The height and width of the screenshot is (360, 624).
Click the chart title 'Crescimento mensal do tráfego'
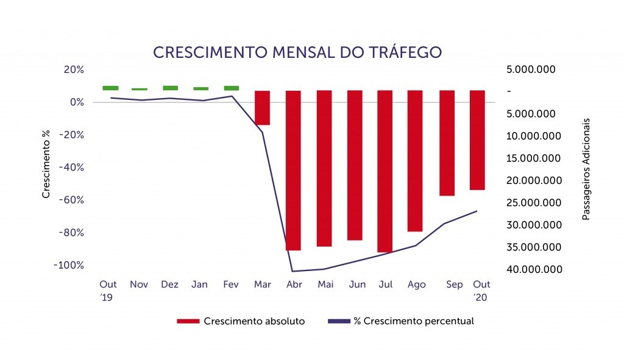(297, 52)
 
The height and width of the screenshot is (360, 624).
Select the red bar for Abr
(293, 171)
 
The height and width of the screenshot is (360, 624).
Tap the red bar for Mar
(262, 108)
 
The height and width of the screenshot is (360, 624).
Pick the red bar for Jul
(385, 171)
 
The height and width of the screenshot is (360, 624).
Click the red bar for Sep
(447, 143)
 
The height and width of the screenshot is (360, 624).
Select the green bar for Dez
(171, 88)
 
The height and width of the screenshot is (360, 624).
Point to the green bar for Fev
(232, 88)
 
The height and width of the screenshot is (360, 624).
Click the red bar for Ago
(414, 161)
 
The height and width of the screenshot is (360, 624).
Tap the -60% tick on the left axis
(72, 200)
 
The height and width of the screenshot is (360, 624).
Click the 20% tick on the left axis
(74, 69)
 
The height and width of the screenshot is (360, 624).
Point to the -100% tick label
(69, 266)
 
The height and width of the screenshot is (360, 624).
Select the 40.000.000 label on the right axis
(534, 269)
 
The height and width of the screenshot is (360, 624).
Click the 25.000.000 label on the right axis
(534, 202)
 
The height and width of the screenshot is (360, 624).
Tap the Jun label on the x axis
(357, 284)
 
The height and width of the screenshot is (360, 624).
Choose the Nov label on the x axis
(139, 284)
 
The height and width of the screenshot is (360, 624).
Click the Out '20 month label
(481, 291)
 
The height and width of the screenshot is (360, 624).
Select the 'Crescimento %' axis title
(46, 164)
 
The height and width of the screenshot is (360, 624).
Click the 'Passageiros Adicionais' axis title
(586, 169)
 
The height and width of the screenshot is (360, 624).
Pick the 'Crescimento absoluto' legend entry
(241, 321)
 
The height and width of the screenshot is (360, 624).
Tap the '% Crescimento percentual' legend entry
(401, 321)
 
